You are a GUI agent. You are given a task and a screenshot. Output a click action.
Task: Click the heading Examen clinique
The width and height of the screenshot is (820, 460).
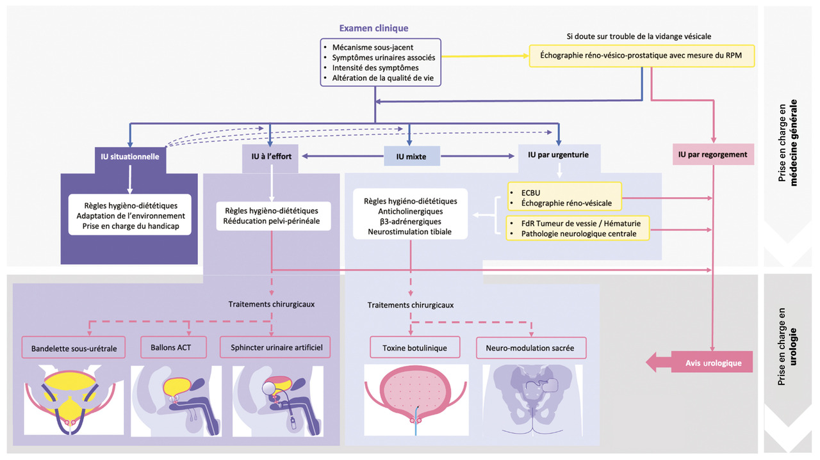tap(373, 28)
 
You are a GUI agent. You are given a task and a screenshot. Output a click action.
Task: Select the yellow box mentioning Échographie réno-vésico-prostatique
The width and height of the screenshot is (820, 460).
tap(642, 55)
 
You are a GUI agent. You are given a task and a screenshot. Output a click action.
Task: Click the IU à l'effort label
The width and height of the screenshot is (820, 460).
tap(270, 155)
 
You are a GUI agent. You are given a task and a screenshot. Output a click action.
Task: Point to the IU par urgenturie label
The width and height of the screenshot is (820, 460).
tap(559, 155)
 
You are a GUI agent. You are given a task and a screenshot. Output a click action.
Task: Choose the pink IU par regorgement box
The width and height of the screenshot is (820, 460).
tap(713, 155)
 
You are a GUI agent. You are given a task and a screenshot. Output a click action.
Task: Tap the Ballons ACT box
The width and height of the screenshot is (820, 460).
tap(171, 349)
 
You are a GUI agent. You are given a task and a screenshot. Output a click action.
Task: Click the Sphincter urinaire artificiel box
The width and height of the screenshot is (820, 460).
tap(275, 349)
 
